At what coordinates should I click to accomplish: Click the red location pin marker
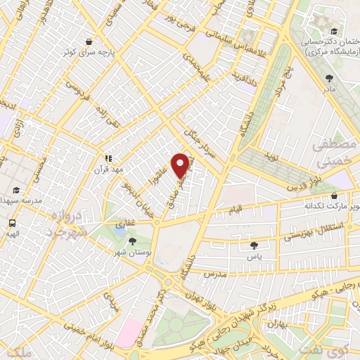(181, 165)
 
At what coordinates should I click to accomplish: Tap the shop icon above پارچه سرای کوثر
(88, 42)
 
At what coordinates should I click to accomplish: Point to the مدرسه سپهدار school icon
(15, 191)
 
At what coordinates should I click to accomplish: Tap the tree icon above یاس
(254, 245)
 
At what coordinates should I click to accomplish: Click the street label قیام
(235, 210)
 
